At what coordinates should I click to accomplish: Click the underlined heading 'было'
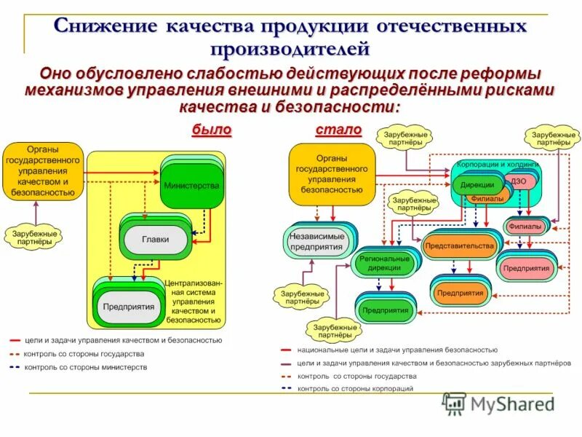[211, 130]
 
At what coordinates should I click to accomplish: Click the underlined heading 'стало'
[338, 130]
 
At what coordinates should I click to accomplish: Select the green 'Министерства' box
[191, 186]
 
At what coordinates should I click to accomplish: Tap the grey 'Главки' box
[155, 238]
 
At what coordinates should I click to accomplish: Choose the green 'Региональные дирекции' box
[383, 264]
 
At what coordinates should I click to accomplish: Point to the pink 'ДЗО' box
[518, 181]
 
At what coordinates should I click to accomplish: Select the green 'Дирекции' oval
[477, 185]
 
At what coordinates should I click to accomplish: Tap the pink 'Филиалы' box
[525, 226]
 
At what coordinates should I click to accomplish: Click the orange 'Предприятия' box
[460, 292]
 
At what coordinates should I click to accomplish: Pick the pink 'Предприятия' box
[525, 267]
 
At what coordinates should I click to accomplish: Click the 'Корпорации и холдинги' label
[498, 165]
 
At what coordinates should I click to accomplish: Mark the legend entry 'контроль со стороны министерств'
[85, 367]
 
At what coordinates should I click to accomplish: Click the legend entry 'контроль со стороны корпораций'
[355, 389]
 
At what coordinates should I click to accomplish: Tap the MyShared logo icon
[454, 403]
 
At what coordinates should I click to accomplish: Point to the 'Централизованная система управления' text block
[193, 300]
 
